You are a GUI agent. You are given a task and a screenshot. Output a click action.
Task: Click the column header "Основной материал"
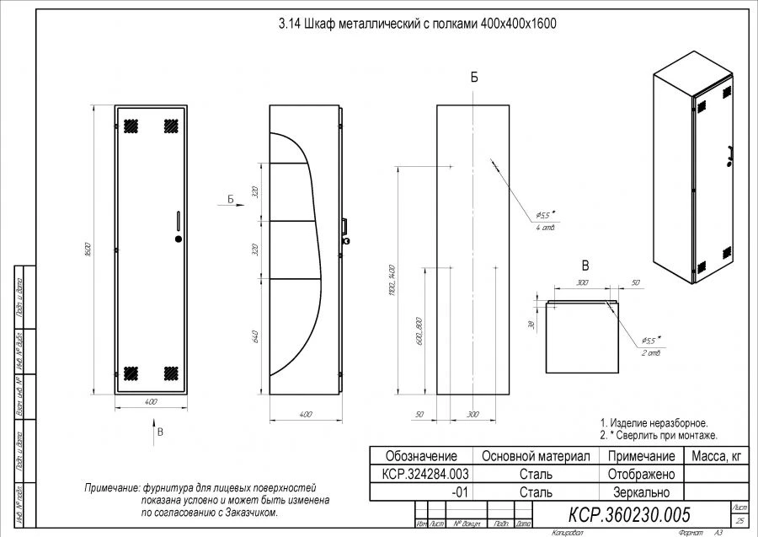(535, 456)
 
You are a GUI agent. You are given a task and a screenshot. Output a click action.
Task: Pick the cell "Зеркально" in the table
(642, 492)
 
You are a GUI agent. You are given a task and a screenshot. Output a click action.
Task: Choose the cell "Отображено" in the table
(642, 475)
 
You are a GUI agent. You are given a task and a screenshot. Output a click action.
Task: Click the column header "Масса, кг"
(717, 456)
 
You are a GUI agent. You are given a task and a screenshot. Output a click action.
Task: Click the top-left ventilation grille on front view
(131, 126)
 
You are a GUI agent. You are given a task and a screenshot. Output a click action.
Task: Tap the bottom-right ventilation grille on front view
(170, 372)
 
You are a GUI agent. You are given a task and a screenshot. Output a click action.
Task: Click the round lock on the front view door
(179, 239)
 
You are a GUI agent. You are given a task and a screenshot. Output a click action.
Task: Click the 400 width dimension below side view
(306, 414)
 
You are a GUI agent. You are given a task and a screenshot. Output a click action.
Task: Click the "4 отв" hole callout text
(545, 228)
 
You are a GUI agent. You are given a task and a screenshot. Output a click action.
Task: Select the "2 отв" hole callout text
(651, 353)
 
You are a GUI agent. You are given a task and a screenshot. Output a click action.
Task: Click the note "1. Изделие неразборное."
(653, 422)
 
